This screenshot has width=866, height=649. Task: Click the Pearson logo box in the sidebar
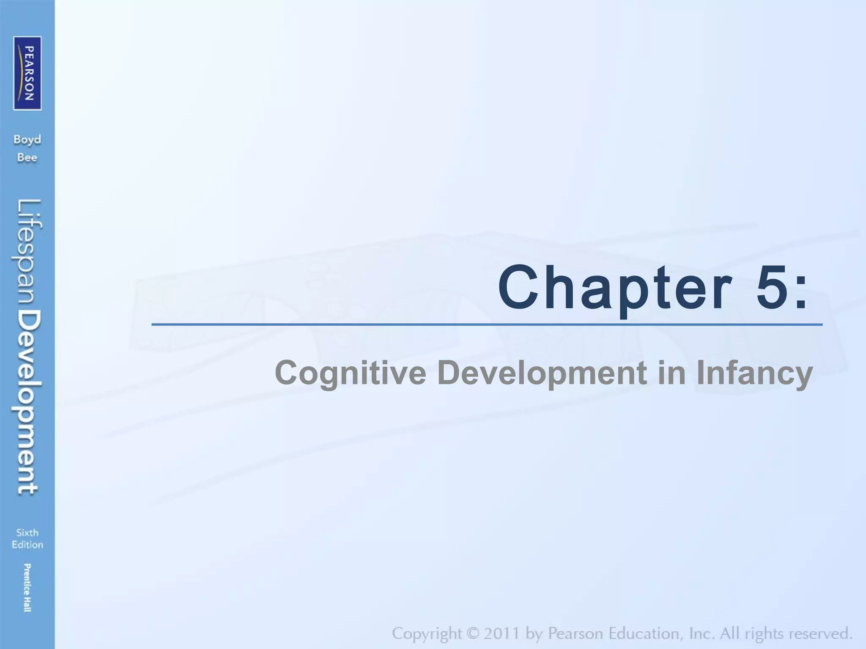[27, 73]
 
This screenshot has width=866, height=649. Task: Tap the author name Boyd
[27, 140]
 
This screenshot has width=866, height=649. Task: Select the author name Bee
[27, 158]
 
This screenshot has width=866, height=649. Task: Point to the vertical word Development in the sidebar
[29, 402]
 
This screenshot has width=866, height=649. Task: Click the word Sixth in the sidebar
[27, 532]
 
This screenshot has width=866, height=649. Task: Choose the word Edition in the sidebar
[27, 545]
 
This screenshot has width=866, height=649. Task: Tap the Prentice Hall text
[27, 587]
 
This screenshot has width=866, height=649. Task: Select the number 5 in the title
[770, 287]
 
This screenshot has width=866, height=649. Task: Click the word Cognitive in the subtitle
[351, 372]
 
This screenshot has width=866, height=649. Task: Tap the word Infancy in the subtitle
[754, 373]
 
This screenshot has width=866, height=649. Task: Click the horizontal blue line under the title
[486, 324]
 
